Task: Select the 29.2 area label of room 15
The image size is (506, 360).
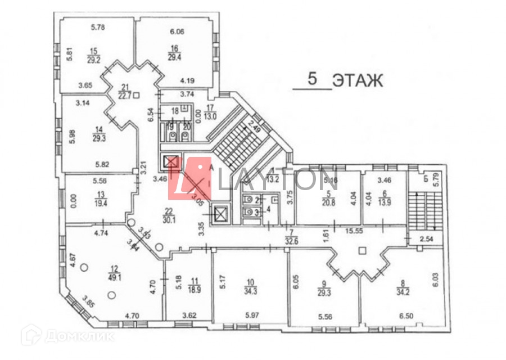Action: click(93, 58)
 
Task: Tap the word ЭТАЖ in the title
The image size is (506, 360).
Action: click(357, 80)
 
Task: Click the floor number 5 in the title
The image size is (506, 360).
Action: click(314, 79)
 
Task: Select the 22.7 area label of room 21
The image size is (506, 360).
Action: click(124, 95)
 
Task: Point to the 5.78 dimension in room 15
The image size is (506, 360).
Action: click(98, 27)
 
